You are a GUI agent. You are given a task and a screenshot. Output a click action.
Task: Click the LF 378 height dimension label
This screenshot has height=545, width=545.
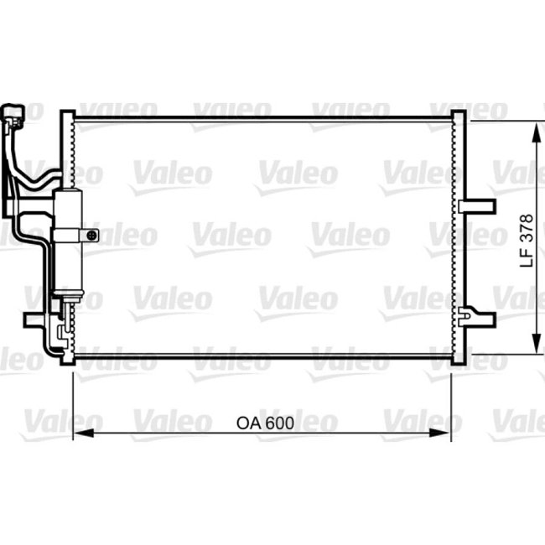pos(527,239)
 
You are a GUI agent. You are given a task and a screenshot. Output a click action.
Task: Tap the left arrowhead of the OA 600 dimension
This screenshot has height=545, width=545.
pos(80,433)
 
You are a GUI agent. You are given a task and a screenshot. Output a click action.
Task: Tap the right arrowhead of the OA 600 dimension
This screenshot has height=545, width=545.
pos(446,433)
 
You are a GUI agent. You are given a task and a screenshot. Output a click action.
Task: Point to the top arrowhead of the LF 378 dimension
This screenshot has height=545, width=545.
pos(534,128)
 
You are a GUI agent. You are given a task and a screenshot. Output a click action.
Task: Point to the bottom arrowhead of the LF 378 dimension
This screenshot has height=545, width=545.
pos(534,346)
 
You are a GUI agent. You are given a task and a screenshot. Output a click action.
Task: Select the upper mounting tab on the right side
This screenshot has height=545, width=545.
pos(475,205)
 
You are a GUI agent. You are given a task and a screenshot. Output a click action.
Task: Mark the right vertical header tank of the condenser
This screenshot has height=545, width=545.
pos(457,239)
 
